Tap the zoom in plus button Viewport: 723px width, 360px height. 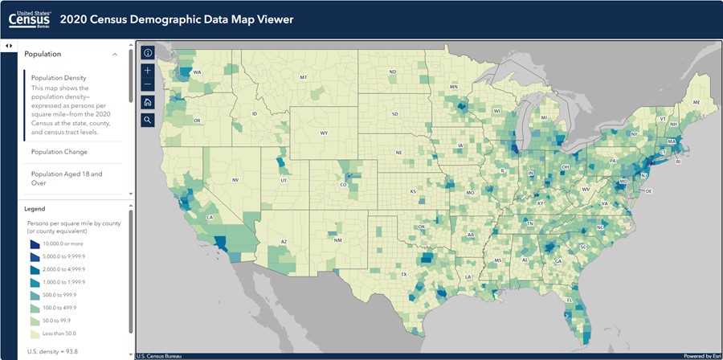pos(148,70)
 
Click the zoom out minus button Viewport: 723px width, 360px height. pos(148,84)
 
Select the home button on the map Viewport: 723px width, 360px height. pos(148,102)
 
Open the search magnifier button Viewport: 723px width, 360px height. pos(148,120)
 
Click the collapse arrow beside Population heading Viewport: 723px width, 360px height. pos(114,55)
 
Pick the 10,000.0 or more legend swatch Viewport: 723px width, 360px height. pos(34,243)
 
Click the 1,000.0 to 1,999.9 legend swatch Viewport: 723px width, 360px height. pos(34,282)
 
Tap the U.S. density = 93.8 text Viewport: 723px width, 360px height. pos(54,352)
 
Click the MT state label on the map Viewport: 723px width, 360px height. pos(303,77)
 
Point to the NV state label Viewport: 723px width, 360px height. pos(235,179)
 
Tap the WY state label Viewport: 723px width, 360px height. pos(324,133)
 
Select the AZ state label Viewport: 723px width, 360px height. pos(284,241)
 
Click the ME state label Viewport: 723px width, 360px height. pos(695,103)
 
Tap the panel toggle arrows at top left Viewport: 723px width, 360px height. pos(8,45)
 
